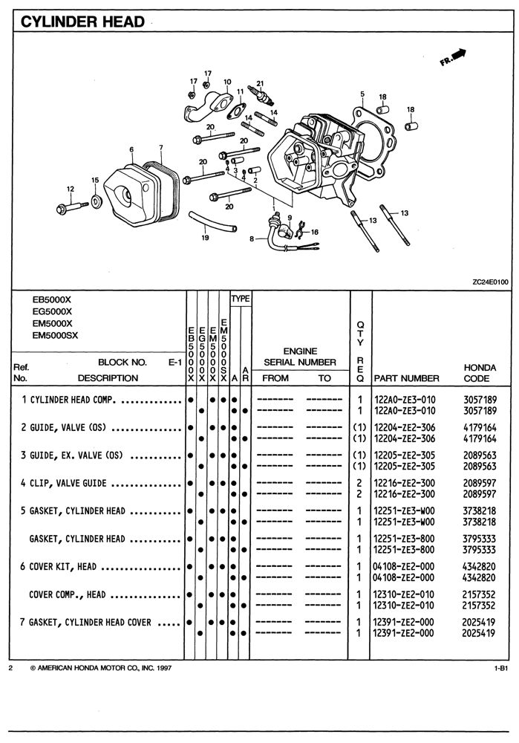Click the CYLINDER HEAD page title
point(82,22)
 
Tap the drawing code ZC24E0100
point(489,282)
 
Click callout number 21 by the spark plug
point(260,83)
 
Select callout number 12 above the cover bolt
point(71,189)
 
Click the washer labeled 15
point(97,201)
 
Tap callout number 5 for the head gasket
point(362,94)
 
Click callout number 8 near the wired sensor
point(252,239)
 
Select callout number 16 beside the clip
point(315,232)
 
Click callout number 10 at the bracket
point(226,82)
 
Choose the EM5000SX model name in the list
point(56,334)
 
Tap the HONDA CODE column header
point(480,372)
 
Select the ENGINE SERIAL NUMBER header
point(300,357)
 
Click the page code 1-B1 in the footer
point(500,669)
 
